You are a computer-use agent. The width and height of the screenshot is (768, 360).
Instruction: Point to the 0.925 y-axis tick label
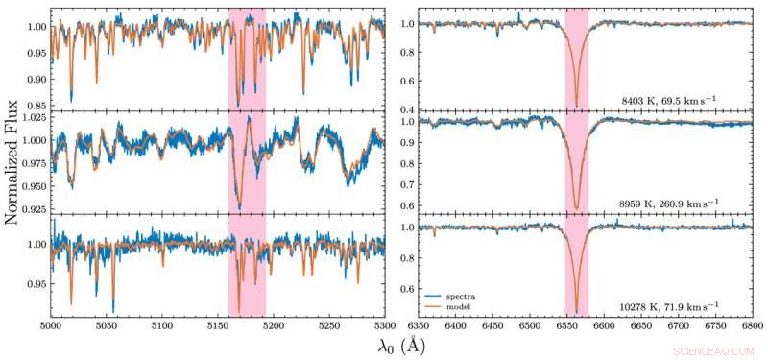point(31,208)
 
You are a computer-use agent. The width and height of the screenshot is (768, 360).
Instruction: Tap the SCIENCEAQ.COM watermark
point(715,350)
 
